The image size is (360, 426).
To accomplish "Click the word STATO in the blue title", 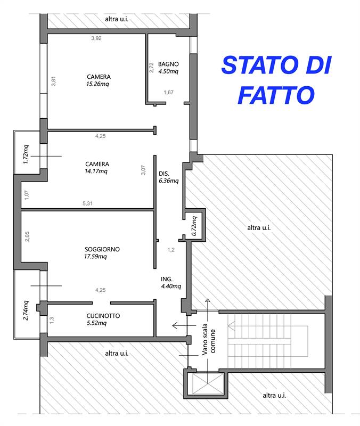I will (x=254, y=65).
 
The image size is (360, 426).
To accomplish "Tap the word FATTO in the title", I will (x=274, y=95).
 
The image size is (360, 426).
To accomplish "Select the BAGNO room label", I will (x=168, y=63).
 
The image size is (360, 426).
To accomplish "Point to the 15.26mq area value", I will (x=98, y=84).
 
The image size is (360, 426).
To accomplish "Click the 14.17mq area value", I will (x=96, y=171).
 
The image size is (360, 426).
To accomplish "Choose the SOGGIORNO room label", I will (x=102, y=249).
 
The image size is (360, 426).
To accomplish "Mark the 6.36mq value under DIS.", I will (x=168, y=181).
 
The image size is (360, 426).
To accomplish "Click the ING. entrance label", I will (x=166, y=279).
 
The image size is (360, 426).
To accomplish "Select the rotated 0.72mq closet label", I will (x=194, y=225).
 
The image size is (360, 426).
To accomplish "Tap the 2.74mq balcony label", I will (x=25, y=310).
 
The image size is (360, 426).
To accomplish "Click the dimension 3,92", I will (x=96, y=38).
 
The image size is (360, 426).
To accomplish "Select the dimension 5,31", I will (x=88, y=203).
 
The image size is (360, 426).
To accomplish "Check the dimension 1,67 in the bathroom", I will (x=168, y=92).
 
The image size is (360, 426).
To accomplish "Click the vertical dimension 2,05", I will (x=27, y=236).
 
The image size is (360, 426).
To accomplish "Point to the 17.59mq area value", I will (x=96, y=257).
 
